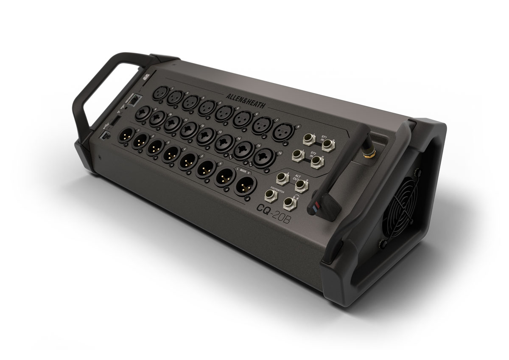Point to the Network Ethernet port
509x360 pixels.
coord(134,100)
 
